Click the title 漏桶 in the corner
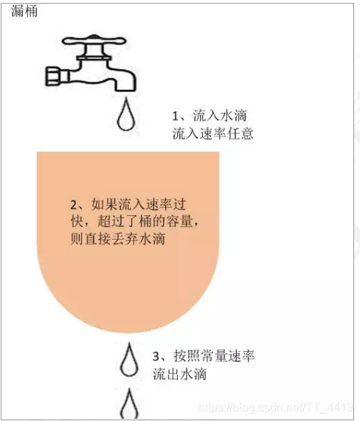click(x=24, y=12)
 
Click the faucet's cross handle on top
click(x=94, y=41)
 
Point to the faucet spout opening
click(x=125, y=90)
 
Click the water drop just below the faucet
click(x=125, y=114)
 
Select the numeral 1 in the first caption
click(x=176, y=116)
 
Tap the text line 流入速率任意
click(x=212, y=133)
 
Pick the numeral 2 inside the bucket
click(x=74, y=205)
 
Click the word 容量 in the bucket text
click(x=179, y=221)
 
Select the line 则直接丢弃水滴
click(x=118, y=239)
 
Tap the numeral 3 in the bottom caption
click(x=156, y=357)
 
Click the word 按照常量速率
click(x=214, y=356)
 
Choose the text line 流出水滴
click(x=179, y=374)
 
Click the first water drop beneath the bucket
click(x=129, y=360)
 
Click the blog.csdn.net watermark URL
click(x=276, y=408)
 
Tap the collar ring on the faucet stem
click(x=94, y=58)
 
